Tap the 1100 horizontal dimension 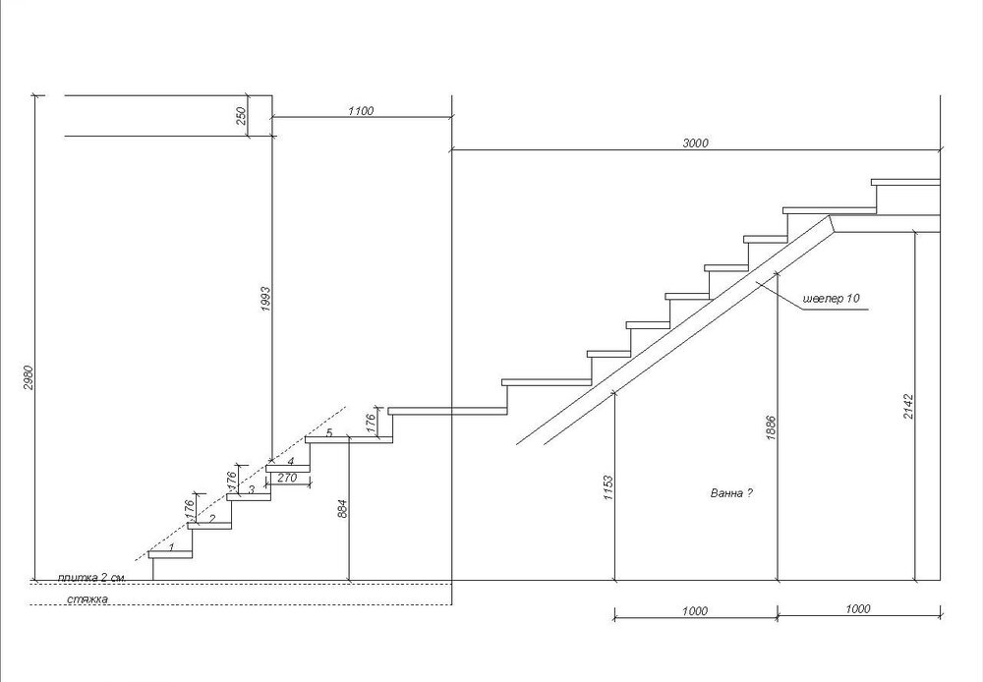361,112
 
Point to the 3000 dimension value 695,143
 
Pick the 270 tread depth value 287,478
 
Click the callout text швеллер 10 832,298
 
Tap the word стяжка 87,597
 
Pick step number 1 172,546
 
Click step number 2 212,518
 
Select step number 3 252,489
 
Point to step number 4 291,461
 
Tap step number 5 329,433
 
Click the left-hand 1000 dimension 694,610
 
